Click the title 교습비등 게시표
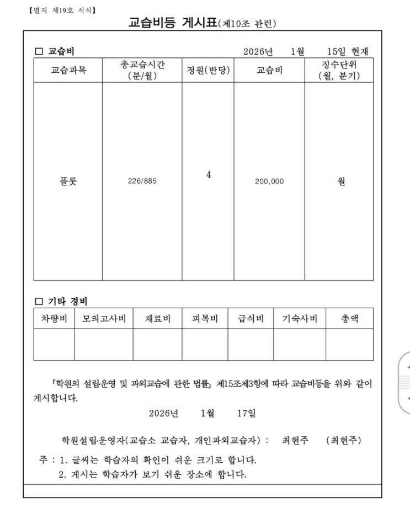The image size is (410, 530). tap(173, 24)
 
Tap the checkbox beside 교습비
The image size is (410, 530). tap(39, 52)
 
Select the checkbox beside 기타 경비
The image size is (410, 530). tap(39, 301)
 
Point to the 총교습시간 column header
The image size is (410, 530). tap(142, 71)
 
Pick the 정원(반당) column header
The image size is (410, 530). tap(207, 71)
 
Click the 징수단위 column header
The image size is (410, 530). tap(339, 71)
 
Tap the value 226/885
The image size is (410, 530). tap(142, 181)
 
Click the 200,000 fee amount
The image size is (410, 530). tap(269, 181)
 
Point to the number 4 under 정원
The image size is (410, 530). tap(208, 175)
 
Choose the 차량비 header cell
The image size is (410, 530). tap(54, 318)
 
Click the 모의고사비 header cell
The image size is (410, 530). tap(104, 318)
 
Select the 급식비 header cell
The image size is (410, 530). tap(251, 318)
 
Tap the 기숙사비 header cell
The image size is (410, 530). tap(300, 318)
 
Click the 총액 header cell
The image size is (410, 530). tap(349, 318)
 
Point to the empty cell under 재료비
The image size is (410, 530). tap(157, 345)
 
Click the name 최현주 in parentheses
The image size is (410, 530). tap(344, 440)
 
